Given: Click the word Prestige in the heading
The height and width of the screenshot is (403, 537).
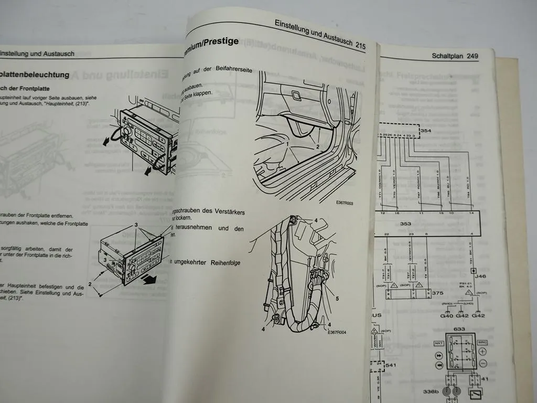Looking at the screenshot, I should coord(218,41).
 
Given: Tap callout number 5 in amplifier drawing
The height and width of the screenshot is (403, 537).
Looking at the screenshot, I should coord(337,299).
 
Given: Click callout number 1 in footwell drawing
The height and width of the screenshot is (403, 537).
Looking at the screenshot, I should coord(287,143).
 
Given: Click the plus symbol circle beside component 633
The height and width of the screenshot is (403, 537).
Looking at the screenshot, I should coord(484,353).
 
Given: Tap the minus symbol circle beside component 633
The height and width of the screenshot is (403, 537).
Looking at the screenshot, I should coord(484,364).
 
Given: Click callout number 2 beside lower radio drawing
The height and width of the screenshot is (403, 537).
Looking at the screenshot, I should coord(90,284).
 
